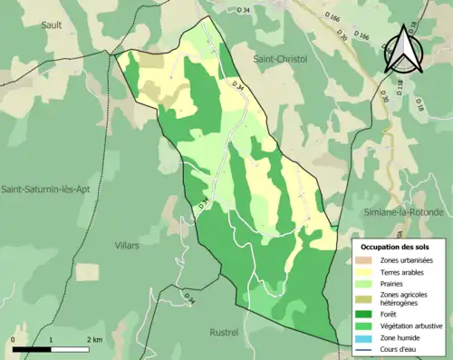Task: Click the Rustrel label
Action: pyautogui.click(x=224, y=332)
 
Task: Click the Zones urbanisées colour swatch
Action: pyautogui.click(x=366, y=261)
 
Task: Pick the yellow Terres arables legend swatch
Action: pyautogui.click(x=366, y=272)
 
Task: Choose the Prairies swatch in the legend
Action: pyautogui.click(x=366, y=284)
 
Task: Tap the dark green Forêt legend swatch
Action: pyautogui.click(x=366, y=312)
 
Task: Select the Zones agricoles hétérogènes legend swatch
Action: pyautogui.click(x=366, y=298)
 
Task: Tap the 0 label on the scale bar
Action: pyautogui.click(x=14, y=339)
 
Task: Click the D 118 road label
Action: pyautogui.click(x=398, y=87)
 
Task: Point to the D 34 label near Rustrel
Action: pyautogui.click(x=189, y=297)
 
